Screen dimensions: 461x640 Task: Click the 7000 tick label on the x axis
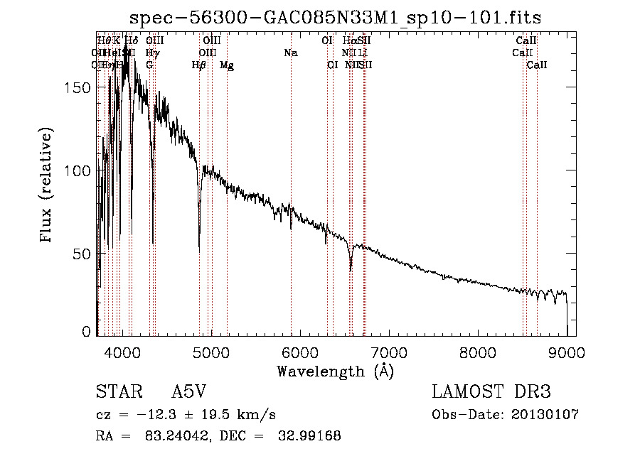tap(389, 350)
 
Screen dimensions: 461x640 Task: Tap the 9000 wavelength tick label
tap(567, 350)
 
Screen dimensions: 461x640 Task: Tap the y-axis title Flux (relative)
tap(48, 187)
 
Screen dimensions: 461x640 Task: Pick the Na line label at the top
tap(290, 53)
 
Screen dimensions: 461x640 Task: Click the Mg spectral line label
tap(227, 65)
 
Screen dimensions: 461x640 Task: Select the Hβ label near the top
tap(199, 65)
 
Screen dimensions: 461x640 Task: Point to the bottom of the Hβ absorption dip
tap(199, 250)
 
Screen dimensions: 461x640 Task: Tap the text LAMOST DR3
tap(491, 393)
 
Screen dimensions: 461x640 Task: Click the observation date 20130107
tap(545, 415)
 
